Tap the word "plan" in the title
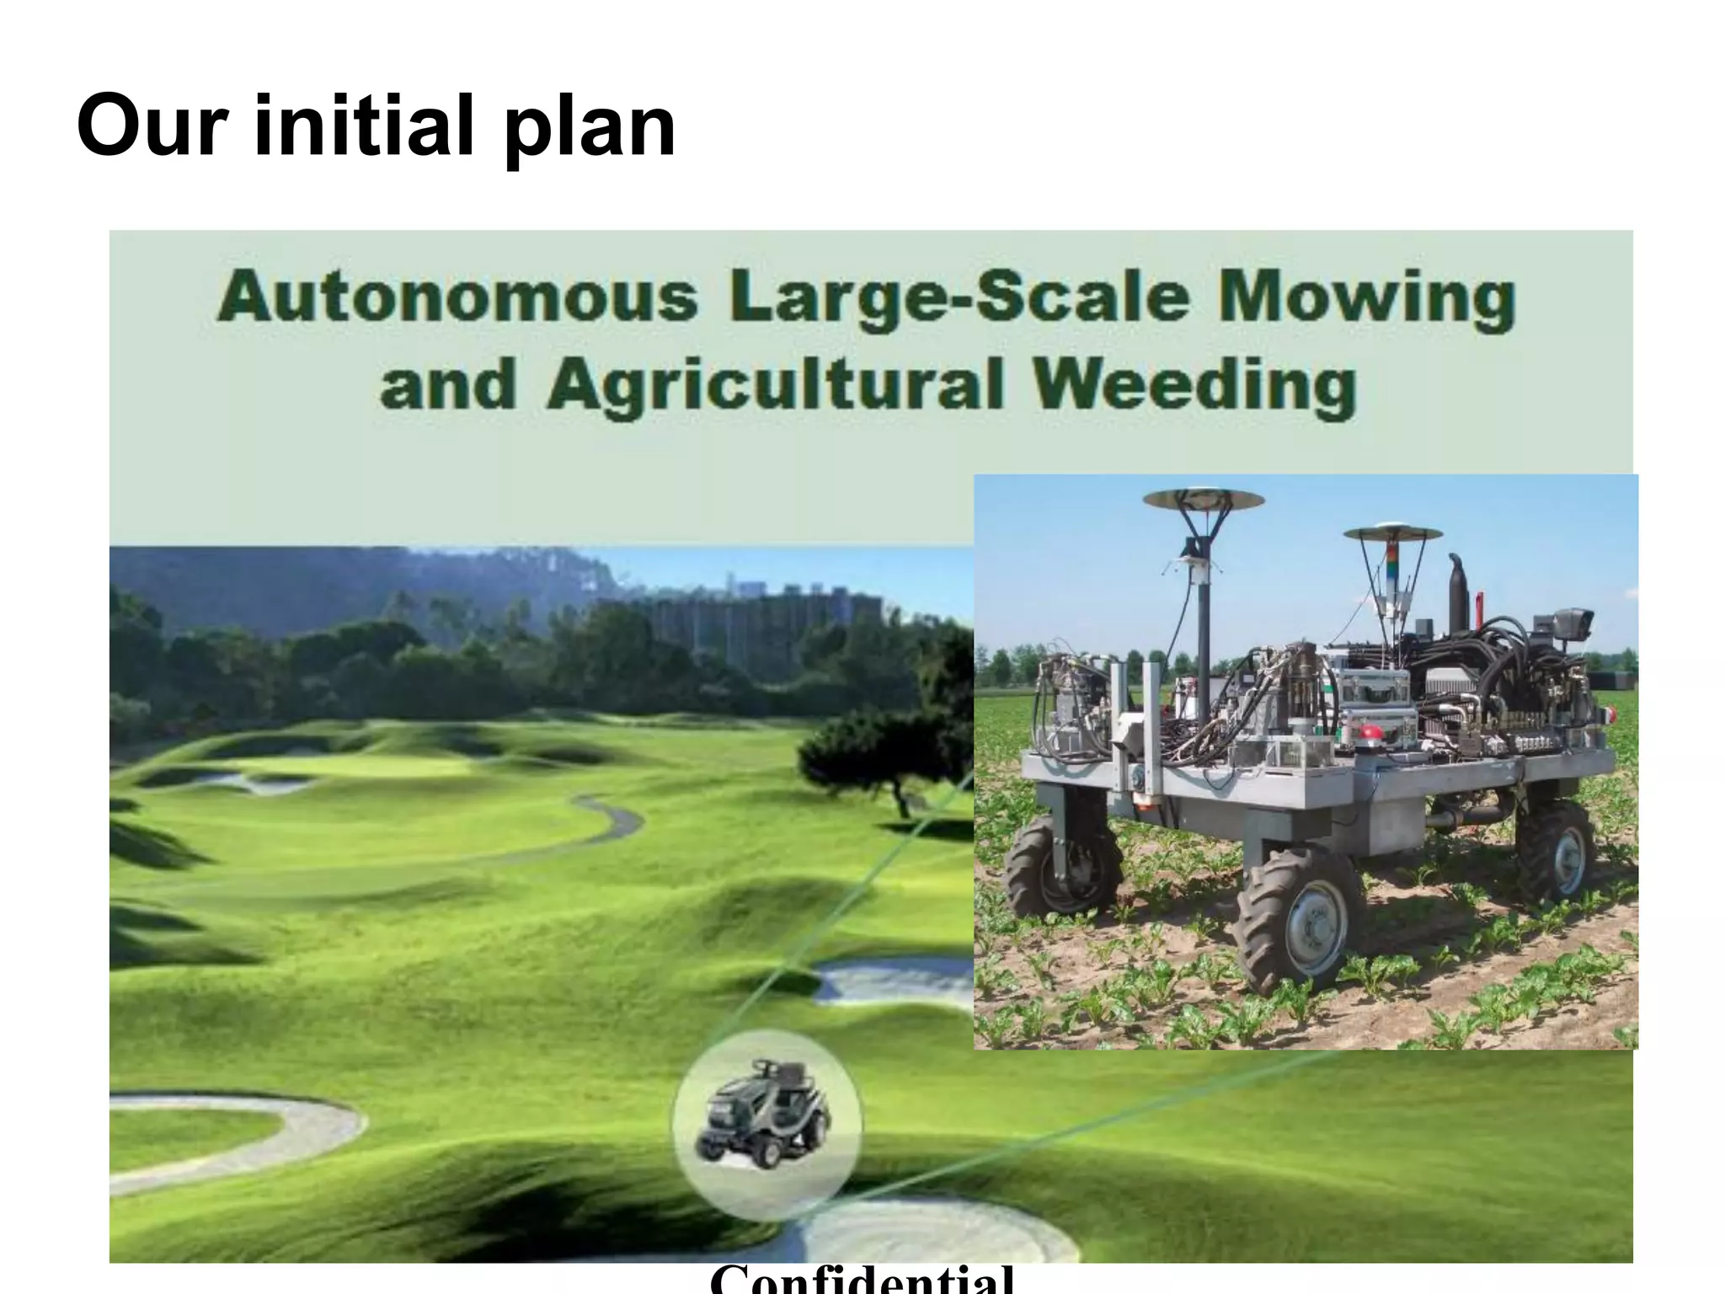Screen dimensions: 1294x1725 (x=590, y=131)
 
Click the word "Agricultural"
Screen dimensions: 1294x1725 (x=776, y=388)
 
